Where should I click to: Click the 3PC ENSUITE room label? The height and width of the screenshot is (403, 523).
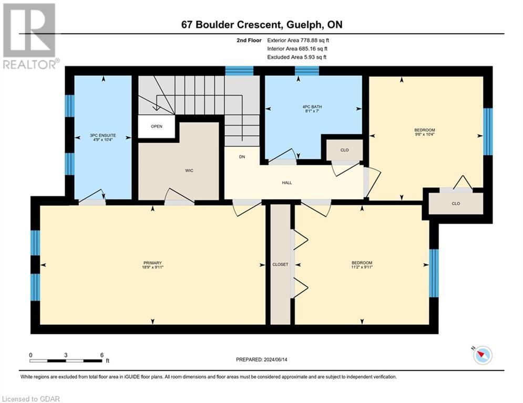tap(102, 135)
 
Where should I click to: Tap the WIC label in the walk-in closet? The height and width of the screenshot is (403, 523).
tap(189, 171)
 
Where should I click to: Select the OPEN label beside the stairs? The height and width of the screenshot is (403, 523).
tap(157, 126)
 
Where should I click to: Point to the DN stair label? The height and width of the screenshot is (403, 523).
tap(242, 156)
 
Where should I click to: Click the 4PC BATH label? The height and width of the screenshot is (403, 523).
tap(312, 107)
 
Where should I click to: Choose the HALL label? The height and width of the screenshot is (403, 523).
tap(287, 183)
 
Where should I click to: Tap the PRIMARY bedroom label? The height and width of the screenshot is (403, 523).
tap(152, 263)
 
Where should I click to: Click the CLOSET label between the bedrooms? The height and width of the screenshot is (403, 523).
tap(280, 264)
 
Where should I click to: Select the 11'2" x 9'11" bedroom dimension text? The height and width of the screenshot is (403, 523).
tap(362, 267)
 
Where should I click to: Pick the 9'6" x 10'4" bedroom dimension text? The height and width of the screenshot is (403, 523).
tap(425, 134)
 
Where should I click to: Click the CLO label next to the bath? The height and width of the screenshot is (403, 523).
tap(345, 150)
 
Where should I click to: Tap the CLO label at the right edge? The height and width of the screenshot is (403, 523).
tap(456, 204)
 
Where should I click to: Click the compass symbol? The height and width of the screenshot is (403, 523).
tap(483, 355)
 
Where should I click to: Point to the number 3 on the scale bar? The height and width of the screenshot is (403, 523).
tap(66, 355)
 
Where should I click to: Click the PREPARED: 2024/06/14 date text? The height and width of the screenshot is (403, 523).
tap(262, 359)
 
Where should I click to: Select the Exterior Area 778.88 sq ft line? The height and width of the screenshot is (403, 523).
tap(298, 40)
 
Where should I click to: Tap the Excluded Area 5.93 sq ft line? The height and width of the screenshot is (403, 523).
tap(297, 57)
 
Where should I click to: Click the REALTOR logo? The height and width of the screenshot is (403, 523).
tap(30, 36)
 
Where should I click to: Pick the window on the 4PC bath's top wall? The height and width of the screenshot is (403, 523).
tap(307, 71)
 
